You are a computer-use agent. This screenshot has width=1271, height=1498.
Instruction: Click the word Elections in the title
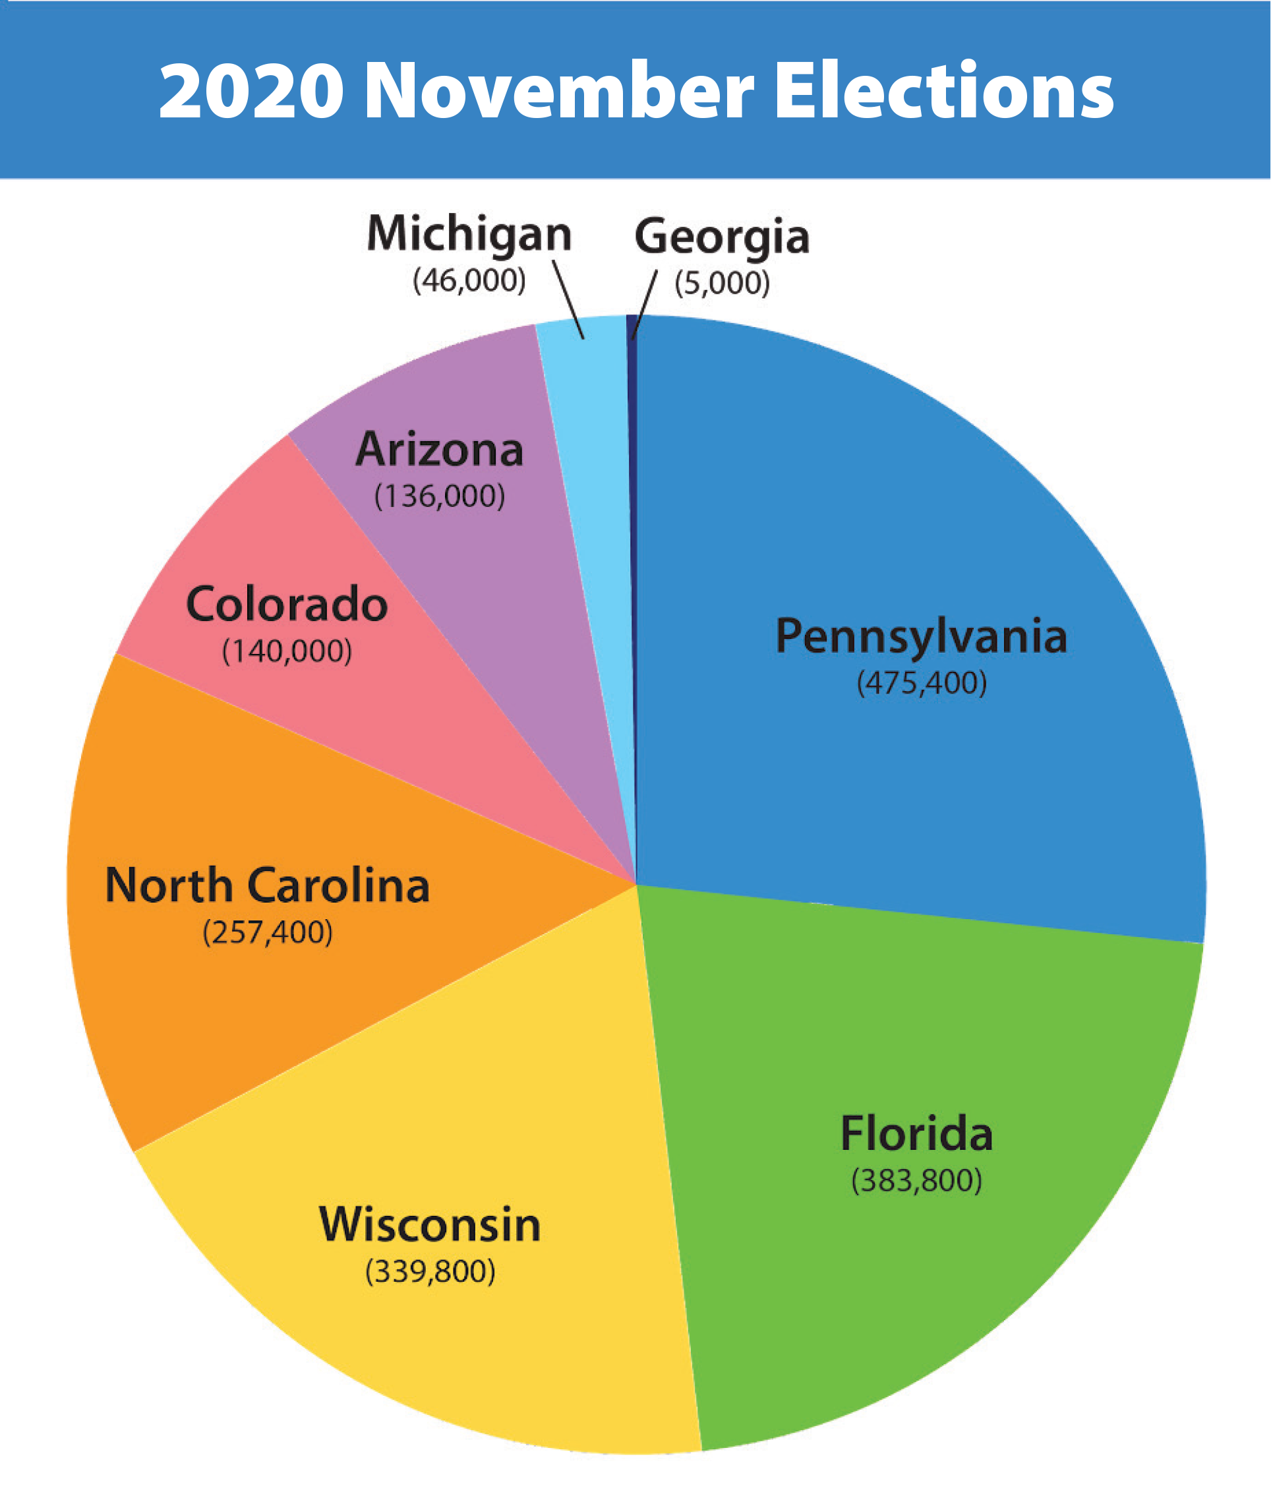pos(944,92)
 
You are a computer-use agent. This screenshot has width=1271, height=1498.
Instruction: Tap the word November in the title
pos(560,92)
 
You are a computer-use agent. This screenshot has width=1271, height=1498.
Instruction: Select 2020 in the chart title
pos(251,92)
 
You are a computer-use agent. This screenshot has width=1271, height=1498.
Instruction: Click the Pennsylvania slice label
pos(922,637)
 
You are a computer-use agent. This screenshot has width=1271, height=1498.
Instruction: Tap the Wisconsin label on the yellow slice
pos(430,1225)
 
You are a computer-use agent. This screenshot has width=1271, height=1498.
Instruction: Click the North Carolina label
pos(267,885)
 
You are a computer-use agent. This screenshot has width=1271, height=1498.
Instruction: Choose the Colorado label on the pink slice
pos(287,605)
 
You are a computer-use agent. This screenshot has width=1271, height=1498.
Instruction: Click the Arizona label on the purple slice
pos(440,450)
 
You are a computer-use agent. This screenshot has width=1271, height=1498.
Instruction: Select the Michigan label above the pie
pos(469,235)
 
